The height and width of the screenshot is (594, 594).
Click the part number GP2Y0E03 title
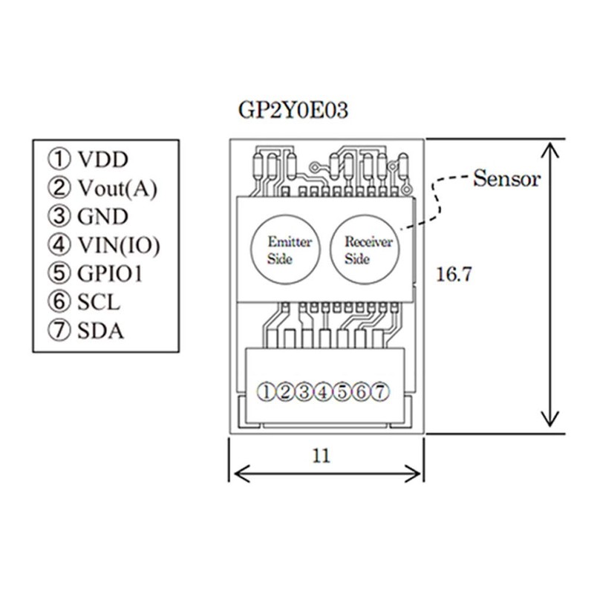(x=293, y=111)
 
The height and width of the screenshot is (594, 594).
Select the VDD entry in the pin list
(x=102, y=160)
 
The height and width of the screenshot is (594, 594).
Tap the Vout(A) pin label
(x=117, y=188)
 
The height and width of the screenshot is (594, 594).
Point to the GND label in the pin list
(x=102, y=216)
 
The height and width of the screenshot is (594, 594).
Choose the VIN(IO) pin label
(x=119, y=245)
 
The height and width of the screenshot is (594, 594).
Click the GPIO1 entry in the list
(x=110, y=273)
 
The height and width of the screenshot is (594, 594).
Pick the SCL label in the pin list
(x=99, y=302)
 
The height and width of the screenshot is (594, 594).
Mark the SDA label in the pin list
(x=100, y=330)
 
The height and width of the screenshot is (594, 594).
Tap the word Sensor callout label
(x=506, y=178)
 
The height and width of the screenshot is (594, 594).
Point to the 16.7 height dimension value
(x=454, y=274)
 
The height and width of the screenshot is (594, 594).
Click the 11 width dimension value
(x=322, y=456)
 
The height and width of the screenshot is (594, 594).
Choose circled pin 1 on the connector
(x=267, y=392)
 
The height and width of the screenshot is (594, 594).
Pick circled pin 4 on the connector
(x=323, y=392)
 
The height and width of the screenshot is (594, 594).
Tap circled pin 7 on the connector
(x=380, y=392)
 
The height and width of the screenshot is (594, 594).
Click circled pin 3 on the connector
(x=304, y=392)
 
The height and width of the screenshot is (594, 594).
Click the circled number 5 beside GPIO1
(x=59, y=272)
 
